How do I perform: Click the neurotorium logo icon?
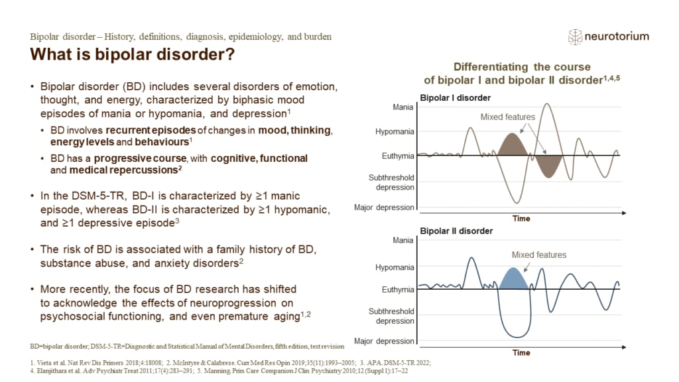[x=575, y=37]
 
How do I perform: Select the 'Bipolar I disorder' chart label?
[x=456, y=98]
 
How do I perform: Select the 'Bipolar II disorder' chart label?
[x=457, y=231]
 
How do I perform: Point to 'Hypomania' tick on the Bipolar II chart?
[x=395, y=267]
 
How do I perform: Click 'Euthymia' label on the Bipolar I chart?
[x=398, y=156]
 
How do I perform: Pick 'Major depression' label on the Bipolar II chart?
[x=385, y=341]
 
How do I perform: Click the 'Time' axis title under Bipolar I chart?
[x=521, y=218]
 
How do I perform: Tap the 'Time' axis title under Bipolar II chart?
[x=521, y=352]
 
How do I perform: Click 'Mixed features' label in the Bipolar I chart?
[x=507, y=117]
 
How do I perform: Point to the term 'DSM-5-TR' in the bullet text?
[x=83, y=197]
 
